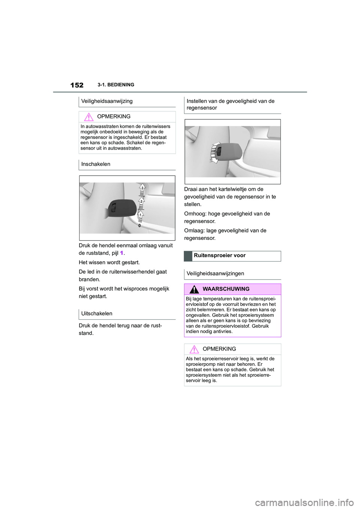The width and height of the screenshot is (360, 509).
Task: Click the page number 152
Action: (x=76, y=85)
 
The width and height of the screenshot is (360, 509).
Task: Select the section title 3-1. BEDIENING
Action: (x=115, y=85)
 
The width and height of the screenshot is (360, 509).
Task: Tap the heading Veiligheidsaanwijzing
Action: (x=106, y=101)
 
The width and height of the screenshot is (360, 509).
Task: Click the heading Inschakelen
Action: (x=96, y=164)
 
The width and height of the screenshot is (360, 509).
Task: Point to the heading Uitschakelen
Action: (x=96, y=313)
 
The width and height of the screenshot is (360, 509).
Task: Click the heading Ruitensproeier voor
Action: (x=219, y=256)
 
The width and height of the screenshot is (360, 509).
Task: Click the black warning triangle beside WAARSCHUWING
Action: (x=194, y=289)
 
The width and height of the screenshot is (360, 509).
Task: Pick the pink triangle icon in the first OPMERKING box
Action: (x=88, y=117)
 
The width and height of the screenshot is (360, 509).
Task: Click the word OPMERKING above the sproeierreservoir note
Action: (x=219, y=349)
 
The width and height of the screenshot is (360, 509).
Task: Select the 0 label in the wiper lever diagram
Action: (x=139, y=226)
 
